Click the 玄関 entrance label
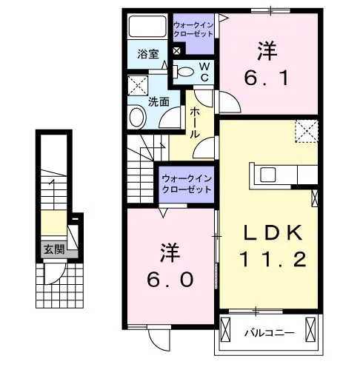[x=54, y=250]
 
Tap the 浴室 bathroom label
[x=148, y=54]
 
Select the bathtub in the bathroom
[x=147, y=27]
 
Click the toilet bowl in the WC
[x=185, y=72]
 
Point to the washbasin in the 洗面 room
[x=137, y=118]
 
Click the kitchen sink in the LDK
[x=267, y=175]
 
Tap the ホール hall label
[x=195, y=123]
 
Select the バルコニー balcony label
[x=269, y=333]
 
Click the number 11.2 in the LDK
[x=273, y=259]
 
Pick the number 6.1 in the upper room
[x=267, y=78]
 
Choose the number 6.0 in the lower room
[x=170, y=280]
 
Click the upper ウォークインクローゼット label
[x=193, y=29]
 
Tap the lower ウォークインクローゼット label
[x=187, y=184]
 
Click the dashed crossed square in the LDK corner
[x=307, y=131]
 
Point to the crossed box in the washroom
[x=138, y=86]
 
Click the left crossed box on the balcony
[x=225, y=329]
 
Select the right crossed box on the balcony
[x=310, y=329]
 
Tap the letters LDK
[x=273, y=232]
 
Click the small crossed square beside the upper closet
[x=176, y=51]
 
